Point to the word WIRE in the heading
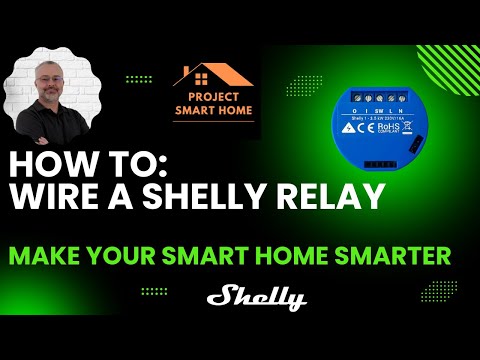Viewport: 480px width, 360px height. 51,197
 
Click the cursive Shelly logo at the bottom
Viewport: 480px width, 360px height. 256,298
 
